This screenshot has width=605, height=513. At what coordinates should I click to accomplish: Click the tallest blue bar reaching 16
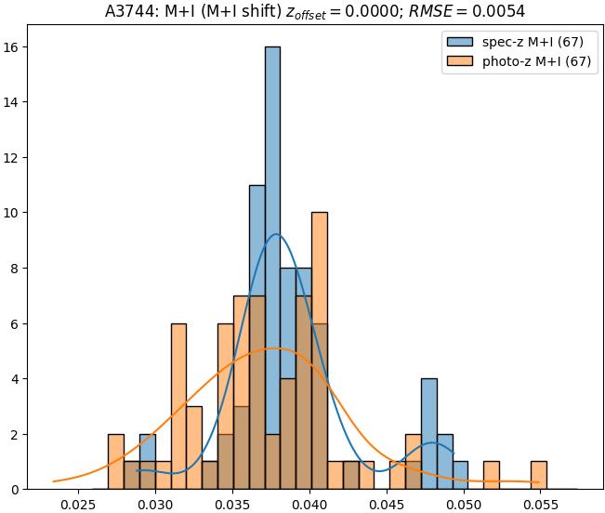pos(272,186)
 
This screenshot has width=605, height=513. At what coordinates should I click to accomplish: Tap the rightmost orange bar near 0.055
pos(538,475)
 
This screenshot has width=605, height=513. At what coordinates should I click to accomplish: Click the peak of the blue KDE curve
pos(275,234)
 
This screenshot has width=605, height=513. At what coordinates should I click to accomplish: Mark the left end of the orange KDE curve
pos(54,481)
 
